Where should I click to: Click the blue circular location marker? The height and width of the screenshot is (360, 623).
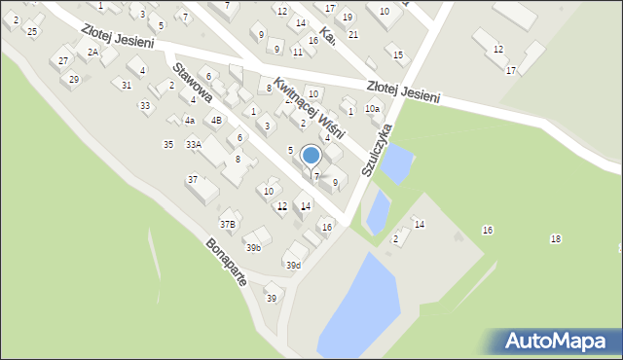[311, 155]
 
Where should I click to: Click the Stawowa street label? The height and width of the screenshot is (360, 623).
[194, 85]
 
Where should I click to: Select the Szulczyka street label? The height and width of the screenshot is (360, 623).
[378, 149]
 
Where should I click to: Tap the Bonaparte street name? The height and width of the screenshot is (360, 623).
[226, 262]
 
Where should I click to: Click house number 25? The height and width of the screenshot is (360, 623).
[32, 32]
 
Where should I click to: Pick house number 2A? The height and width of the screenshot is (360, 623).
[92, 53]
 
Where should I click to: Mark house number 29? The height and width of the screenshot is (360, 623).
[74, 80]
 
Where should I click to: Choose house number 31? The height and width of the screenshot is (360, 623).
[127, 86]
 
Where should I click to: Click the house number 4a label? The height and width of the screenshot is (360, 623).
[190, 121]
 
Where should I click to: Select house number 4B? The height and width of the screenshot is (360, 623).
[216, 121]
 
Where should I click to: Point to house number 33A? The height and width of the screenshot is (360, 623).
[194, 145]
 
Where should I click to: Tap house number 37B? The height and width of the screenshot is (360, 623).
[227, 224]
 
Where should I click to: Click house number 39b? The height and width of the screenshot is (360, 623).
[253, 248]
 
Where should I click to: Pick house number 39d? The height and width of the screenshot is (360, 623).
[292, 266]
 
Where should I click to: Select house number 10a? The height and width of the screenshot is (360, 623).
[372, 110]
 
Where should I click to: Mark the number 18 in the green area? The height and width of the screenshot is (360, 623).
[555, 239]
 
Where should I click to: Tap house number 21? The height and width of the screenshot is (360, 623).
[353, 35]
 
